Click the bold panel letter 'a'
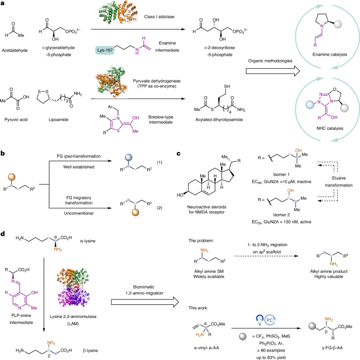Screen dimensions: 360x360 coord(4,4)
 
